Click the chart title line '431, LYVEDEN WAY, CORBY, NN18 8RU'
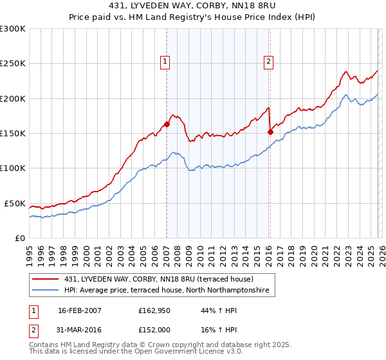click(192, 6)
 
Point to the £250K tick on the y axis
click(13, 64)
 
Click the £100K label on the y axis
click(13, 168)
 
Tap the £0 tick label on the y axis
click(19, 238)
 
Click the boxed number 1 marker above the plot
click(165, 62)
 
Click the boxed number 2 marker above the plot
click(268, 62)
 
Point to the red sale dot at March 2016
click(270, 132)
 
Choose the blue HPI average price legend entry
click(169, 291)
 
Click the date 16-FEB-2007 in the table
click(79, 310)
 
